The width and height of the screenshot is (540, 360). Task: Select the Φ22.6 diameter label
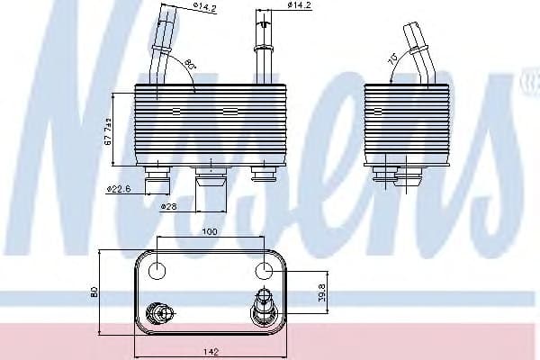[x=119, y=189]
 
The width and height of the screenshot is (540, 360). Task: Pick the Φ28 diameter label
[x=167, y=206]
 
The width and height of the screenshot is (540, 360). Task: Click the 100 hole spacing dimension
[x=210, y=233]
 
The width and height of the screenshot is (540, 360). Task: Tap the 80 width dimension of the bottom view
[x=94, y=292]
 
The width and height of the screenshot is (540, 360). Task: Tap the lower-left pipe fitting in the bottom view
[x=163, y=312]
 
